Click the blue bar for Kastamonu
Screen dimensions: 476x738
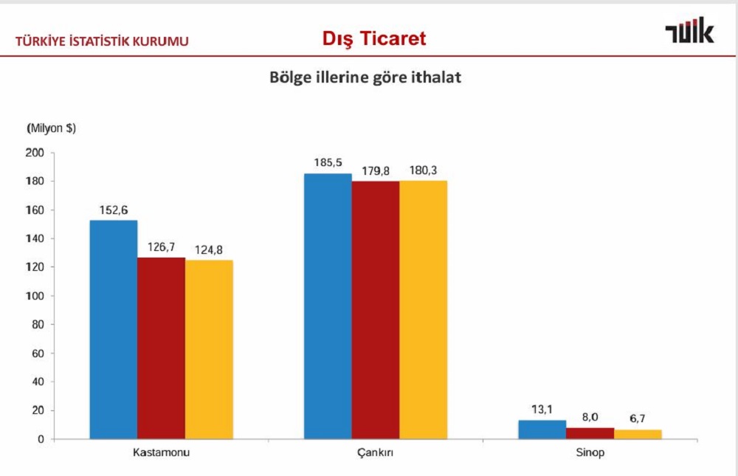pos(114,329)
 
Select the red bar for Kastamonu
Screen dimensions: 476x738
pos(161,348)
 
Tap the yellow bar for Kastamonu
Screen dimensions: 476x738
pos(209,349)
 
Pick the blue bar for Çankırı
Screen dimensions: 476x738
pos(328,306)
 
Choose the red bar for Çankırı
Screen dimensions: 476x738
pos(375,310)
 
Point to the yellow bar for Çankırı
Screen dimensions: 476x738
pos(423,310)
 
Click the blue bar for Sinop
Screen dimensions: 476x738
pos(542,430)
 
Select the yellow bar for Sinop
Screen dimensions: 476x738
pos(638,434)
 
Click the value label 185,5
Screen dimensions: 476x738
pos(328,162)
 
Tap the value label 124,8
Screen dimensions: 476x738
pos(209,249)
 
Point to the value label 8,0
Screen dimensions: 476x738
pos(590,416)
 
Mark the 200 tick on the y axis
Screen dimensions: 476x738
pos(36,153)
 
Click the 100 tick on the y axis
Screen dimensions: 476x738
pos(36,296)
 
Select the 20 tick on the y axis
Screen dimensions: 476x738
pos(39,410)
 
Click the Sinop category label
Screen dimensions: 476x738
pos(590,452)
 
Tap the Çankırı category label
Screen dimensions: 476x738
pos(375,452)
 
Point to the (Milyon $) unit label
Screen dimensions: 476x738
pos(51,128)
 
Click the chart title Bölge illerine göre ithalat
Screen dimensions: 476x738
pos(365,77)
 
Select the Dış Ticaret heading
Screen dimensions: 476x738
pos(374,38)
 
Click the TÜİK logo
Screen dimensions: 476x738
pos(689,32)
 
